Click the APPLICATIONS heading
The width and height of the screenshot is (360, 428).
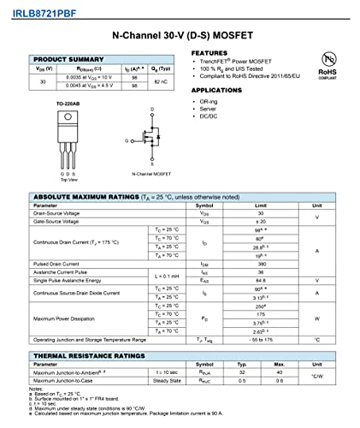click(216, 90)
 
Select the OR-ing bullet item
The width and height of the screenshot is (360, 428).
click(207, 101)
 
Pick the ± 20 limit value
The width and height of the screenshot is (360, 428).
click(262, 221)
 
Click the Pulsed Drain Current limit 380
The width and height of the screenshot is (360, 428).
click(262, 264)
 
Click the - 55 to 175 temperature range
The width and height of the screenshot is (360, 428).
click(262, 339)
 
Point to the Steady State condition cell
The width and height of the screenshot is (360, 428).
click(168, 380)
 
